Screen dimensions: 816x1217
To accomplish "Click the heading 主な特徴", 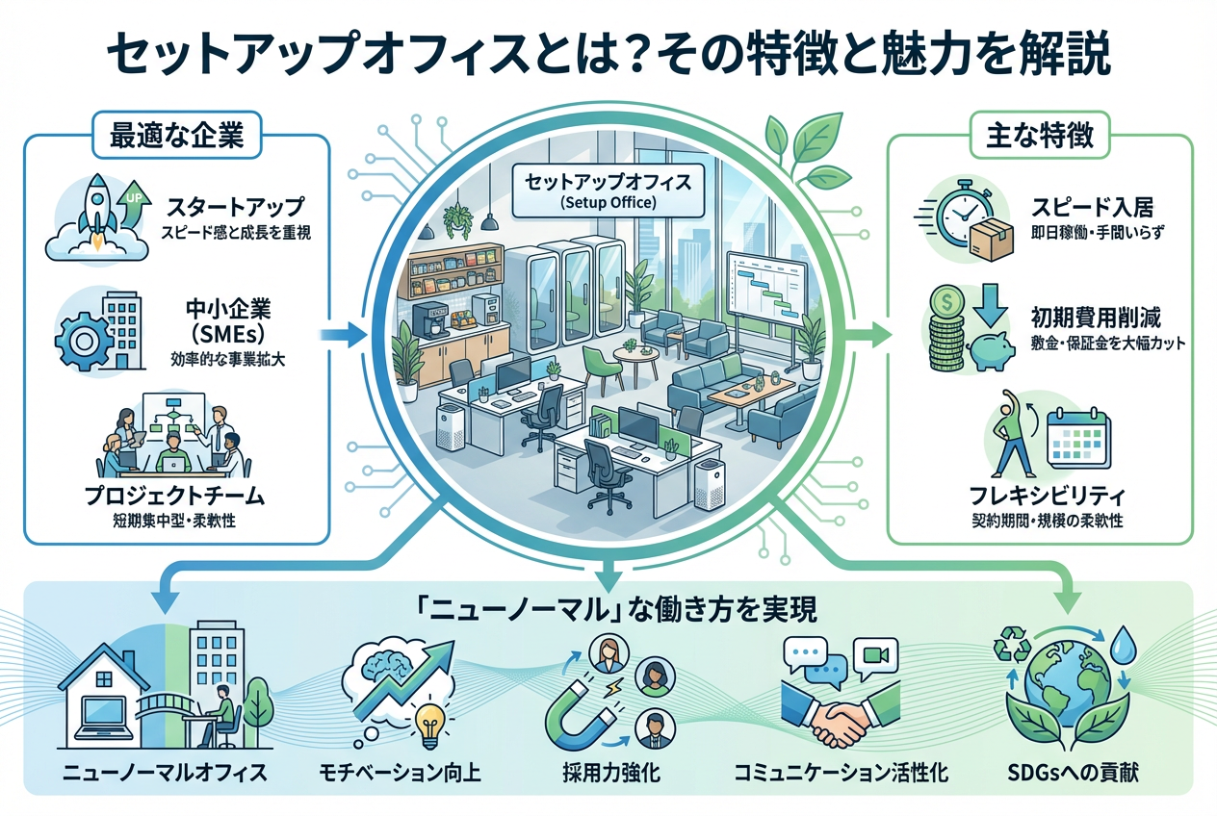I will [x=1040, y=136].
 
